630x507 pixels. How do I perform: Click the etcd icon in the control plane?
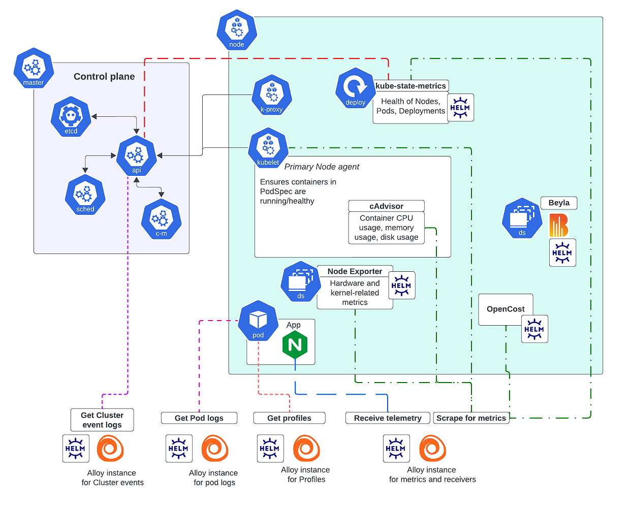(71, 116)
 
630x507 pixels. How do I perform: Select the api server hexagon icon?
(136, 155)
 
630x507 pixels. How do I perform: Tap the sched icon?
(85, 195)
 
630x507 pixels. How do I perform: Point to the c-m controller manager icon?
(161, 219)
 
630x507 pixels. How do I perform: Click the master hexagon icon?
(34, 68)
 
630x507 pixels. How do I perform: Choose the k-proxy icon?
(272, 95)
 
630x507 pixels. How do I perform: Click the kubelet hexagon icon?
(268, 148)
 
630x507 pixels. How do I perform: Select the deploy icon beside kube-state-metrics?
(355, 88)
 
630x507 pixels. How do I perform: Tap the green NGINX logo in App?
(295, 345)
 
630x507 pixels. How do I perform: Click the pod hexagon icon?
(258, 321)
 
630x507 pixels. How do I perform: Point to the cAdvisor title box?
(386, 206)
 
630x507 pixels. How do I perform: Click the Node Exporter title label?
(355, 271)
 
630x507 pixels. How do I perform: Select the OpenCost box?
(506, 309)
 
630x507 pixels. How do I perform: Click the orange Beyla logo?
(558, 225)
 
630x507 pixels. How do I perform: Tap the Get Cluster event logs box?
(102, 420)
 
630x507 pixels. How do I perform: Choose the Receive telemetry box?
(388, 418)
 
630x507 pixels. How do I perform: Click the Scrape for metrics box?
(471, 418)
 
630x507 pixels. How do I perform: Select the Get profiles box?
(289, 418)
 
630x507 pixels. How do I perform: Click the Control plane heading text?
(104, 76)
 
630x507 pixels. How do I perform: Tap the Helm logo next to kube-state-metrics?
(460, 107)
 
